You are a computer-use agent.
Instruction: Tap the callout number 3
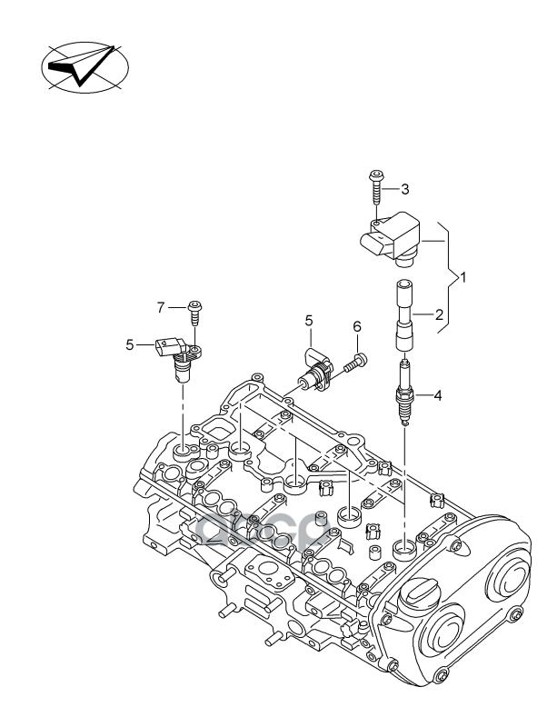[405, 189]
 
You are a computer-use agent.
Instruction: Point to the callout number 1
[463, 276]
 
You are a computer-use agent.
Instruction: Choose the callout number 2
[439, 315]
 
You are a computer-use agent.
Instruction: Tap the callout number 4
[438, 395]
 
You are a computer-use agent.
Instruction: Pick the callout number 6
[357, 326]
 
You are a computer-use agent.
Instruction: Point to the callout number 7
[161, 307]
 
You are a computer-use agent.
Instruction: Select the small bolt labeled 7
[194, 310]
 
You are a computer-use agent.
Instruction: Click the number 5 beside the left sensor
[129, 344]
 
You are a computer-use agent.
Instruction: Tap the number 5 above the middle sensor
[308, 321]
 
